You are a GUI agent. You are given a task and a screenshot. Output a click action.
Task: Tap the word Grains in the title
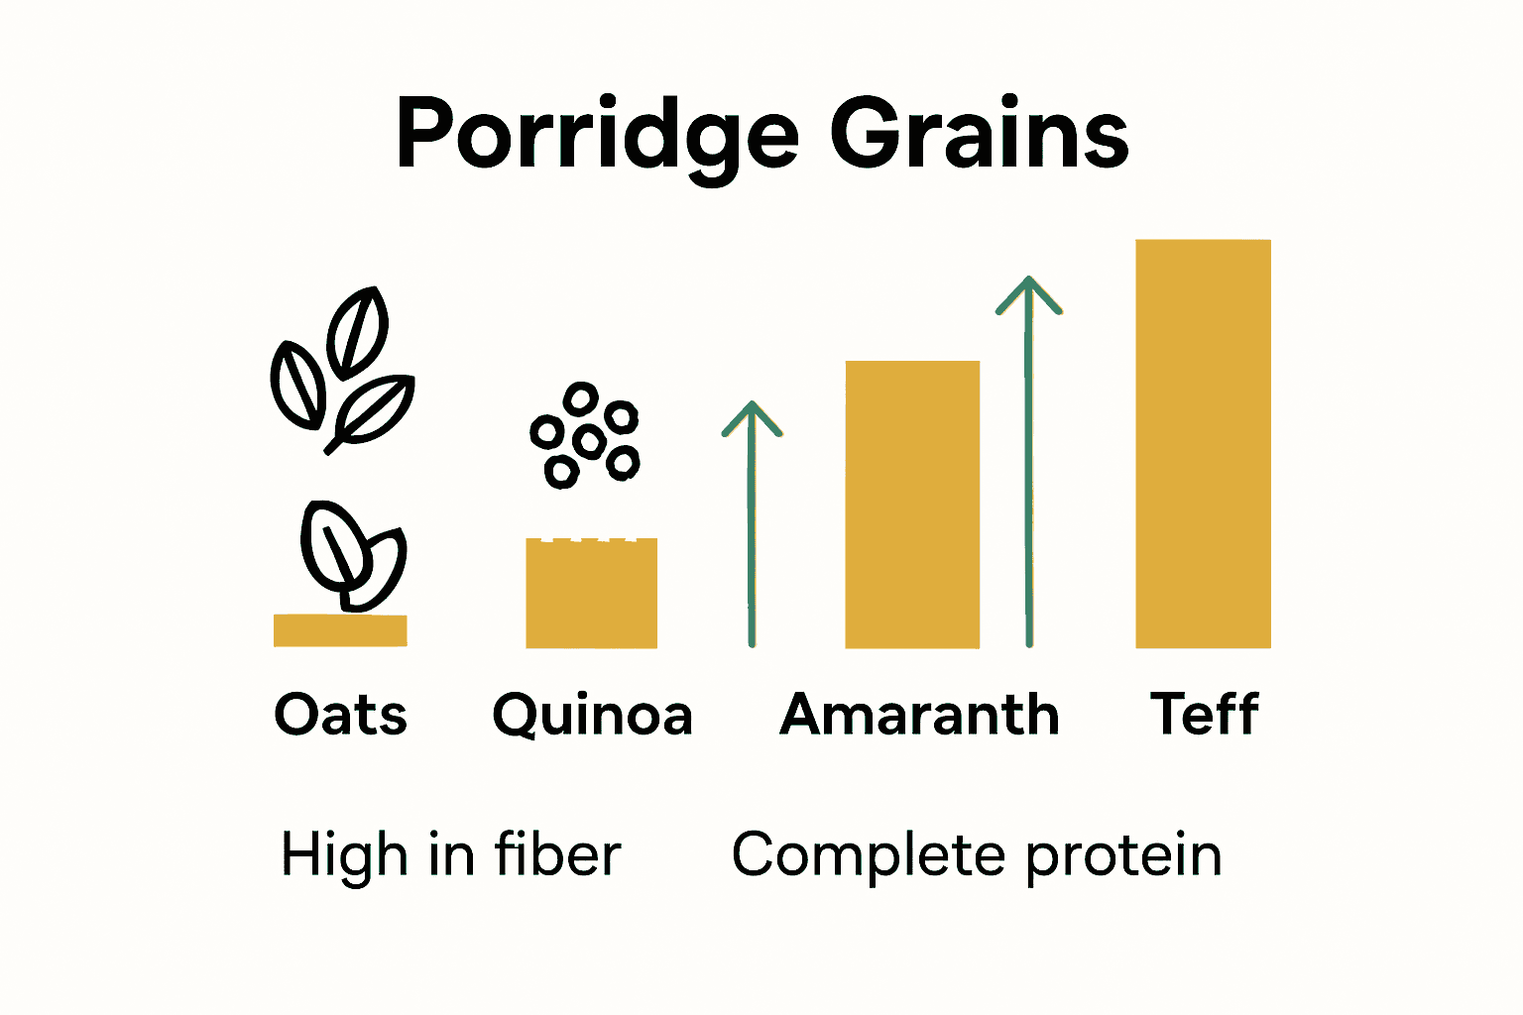pyautogui.click(x=979, y=134)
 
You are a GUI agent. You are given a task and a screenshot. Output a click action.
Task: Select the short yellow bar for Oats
pyautogui.click(x=340, y=630)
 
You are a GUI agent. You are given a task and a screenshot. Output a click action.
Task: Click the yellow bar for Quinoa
pyautogui.click(x=591, y=594)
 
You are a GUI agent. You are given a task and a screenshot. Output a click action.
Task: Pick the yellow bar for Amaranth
pyautogui.click(x=912, y=505)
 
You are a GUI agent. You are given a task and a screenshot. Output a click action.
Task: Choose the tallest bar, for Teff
pyautogui.click(x=1203, y=444)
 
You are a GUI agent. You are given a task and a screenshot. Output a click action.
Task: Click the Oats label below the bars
pyautogui.click(x=340, y=715)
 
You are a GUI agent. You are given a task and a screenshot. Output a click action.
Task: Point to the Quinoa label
pyautogui.click(x=592, y=716)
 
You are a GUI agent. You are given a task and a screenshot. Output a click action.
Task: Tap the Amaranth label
pyautogui.click(x=919, y=715)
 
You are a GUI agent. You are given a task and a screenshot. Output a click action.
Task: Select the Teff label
pyautogui.click(x=1204, y=715)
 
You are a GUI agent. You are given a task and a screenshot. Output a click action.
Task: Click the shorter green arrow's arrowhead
pyautogui.click(x=752, y=416)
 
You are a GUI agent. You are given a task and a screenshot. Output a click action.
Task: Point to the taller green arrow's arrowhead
pyautogui.click(x=1028, y=292)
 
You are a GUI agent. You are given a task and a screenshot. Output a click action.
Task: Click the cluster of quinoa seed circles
pyautogui.click(x=585, y=437)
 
